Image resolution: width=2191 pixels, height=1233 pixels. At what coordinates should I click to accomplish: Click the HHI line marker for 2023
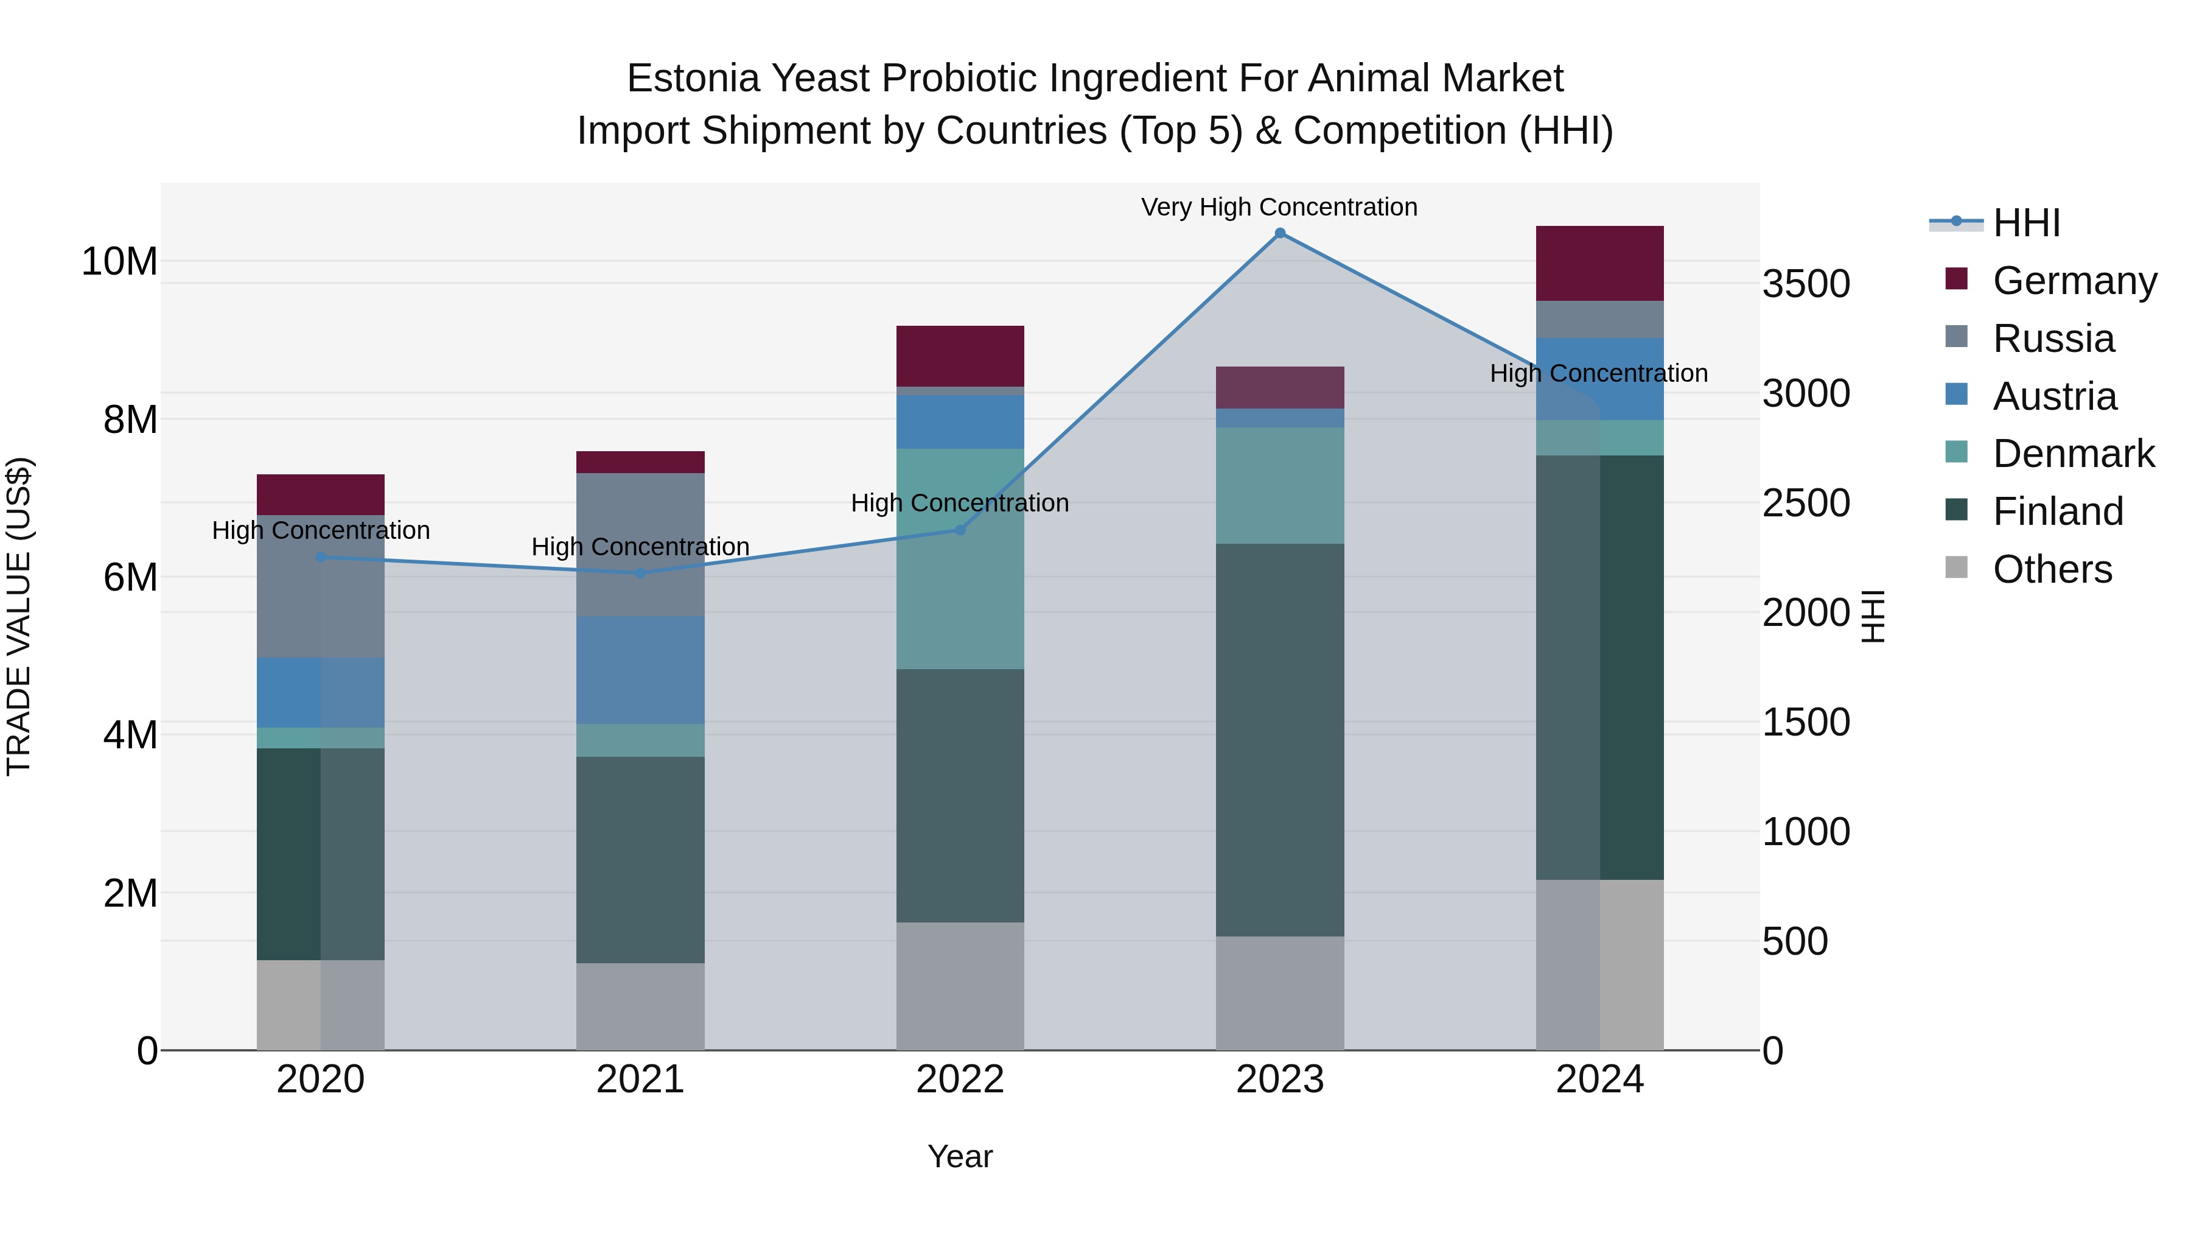pos(1279,233)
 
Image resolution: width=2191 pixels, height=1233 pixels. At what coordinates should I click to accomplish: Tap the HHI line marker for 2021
pos(640,573)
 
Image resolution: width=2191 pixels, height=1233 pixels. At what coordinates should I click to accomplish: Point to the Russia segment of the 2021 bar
pos(640,544)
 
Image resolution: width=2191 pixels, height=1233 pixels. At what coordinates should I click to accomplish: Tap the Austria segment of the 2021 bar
pos(640,670)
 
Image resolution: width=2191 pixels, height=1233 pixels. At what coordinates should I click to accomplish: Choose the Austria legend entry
pos(2053,396)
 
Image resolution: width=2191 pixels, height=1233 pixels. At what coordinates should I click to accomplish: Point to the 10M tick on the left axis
pos(119,261)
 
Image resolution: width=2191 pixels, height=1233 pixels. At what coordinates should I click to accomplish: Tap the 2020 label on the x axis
pos(321,1080)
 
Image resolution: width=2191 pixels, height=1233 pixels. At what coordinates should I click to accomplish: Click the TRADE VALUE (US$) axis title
pos(19,616)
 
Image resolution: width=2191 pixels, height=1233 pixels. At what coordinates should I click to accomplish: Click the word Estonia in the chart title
pos(693,79)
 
